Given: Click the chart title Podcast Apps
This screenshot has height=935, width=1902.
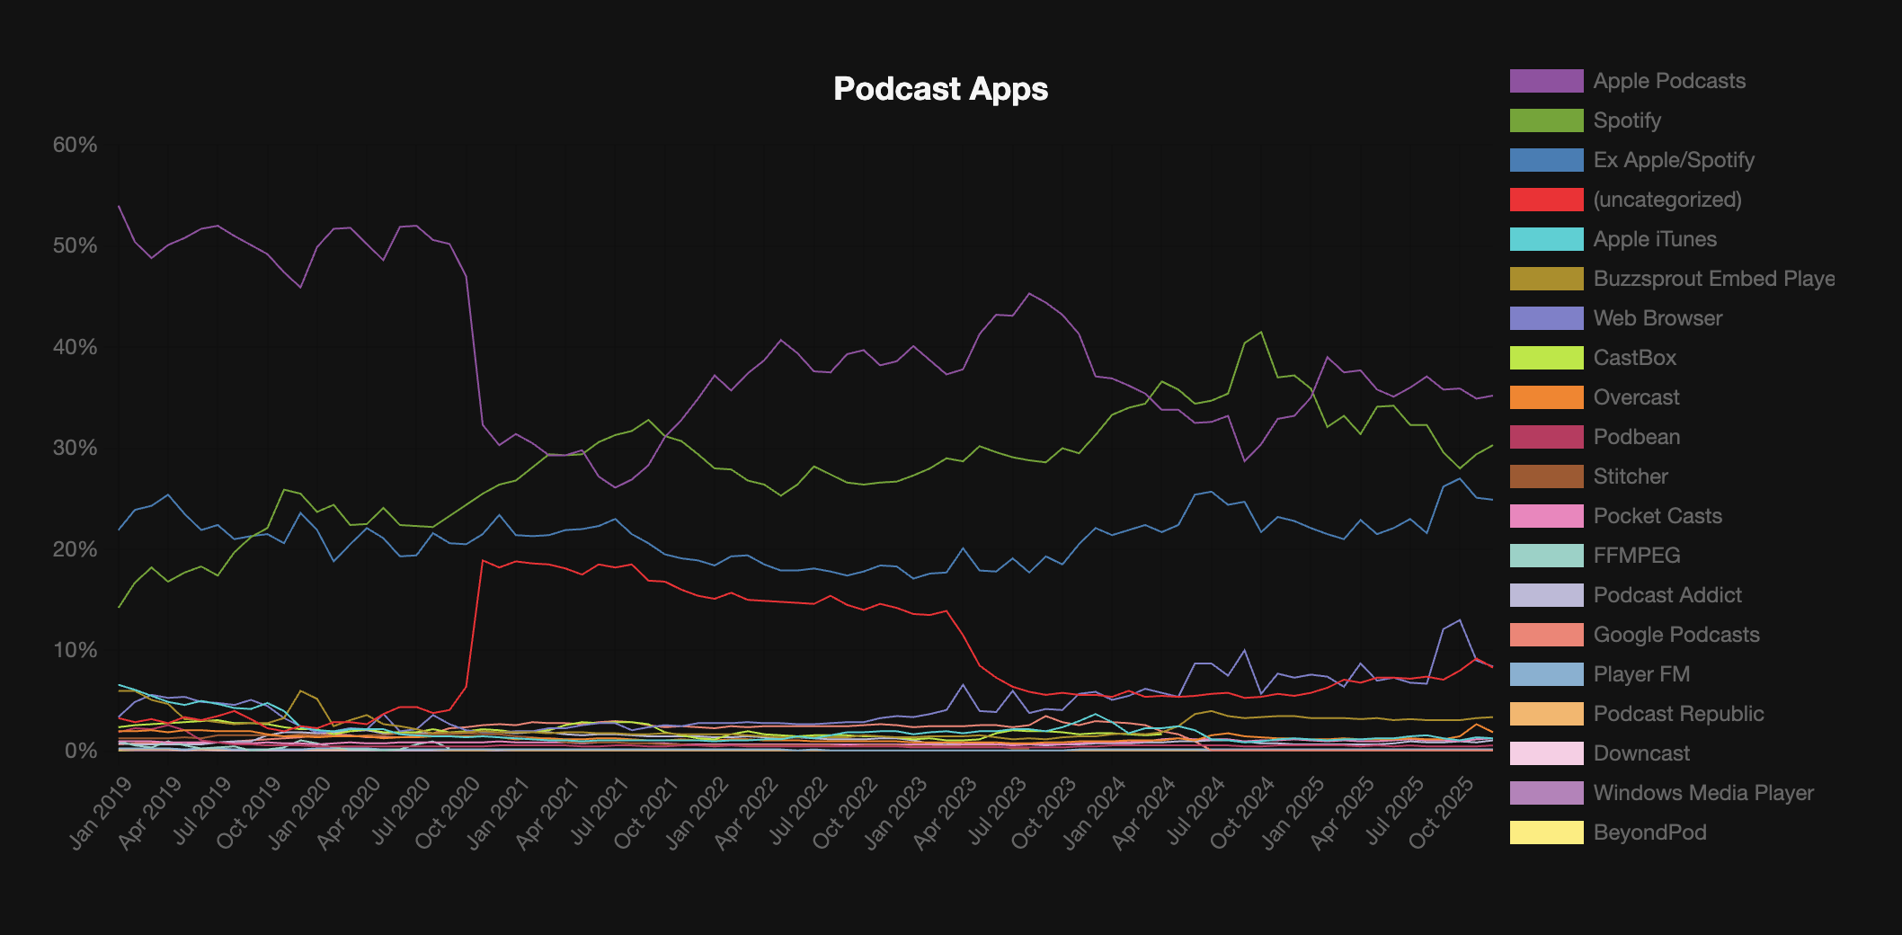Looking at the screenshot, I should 940,89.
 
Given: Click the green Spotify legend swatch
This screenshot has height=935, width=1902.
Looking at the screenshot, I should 1546,120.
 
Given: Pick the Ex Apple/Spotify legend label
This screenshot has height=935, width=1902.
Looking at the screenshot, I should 1673,160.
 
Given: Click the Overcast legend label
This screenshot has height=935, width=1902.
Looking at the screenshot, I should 1636,397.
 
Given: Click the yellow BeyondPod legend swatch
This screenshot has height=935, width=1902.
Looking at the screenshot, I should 1546,833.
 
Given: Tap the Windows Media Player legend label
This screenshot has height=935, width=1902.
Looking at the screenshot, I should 1702,793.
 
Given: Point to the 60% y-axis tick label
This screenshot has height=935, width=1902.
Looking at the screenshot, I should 75,145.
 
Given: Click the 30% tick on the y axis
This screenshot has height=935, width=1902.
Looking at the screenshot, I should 75,448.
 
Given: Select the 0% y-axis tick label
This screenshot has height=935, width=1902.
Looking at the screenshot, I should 80,751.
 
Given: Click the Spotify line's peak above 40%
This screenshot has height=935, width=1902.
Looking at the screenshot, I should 1261,332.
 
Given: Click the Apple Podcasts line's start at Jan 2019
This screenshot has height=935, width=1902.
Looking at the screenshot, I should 120,206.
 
